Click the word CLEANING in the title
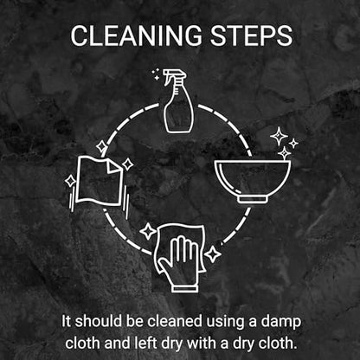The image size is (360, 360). pyautogui.click(x=136, y=35)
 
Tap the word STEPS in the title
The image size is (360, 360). pyautogui.click(x=251, y=35)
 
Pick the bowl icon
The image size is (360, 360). pyautogui.click(x=253, y=182)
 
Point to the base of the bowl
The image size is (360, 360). pyautogui.click(x=253, y=200)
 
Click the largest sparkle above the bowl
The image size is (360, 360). pyautogui.click(x=279, y=136)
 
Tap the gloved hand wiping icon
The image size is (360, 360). pyautogui.click(x=180, y=258)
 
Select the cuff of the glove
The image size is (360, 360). pyautogui.click(x=185, y=288)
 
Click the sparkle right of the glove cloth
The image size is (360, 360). pyautogui.click(x=213, y=254)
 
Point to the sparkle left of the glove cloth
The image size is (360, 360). pyautogui.click(x=148, y=231)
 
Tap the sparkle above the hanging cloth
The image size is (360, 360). pyautogui.click(x=101, y=147)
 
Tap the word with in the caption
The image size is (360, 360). pyautogui.click(x=202, y=344)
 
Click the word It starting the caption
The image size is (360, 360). pyautogui.click(x=66, y=321)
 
